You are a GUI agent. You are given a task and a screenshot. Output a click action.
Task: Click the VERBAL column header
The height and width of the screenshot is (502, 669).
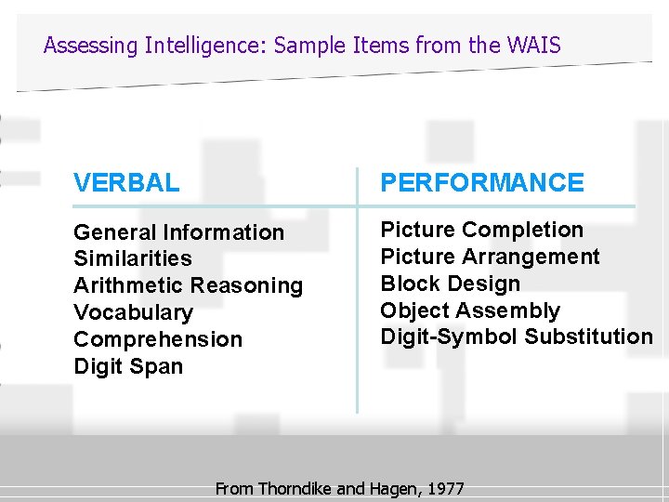pos(126,183)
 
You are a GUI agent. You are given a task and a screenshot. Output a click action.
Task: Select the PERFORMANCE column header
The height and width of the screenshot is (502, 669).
pos(482,183)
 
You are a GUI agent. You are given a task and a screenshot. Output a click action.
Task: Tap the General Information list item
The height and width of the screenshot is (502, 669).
pos(178,232)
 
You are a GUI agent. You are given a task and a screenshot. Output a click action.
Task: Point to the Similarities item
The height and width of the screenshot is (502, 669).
pos(132,258)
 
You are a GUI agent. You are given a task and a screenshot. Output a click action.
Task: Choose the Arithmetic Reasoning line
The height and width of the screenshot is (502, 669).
pos(188,285)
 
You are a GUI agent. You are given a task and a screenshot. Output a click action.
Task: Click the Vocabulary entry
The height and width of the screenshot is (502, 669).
pos(133,312)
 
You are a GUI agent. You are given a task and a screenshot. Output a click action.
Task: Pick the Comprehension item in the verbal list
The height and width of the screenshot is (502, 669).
pos(157,339)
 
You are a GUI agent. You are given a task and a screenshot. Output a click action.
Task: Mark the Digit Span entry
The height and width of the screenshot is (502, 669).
pos(128,366)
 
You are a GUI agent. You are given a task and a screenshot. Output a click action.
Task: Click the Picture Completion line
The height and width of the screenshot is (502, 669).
pos(481,230)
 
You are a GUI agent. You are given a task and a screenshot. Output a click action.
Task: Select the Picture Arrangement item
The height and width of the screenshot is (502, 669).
pos(490,257)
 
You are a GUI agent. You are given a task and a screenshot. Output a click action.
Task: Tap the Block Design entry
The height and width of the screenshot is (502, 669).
pos(450,284)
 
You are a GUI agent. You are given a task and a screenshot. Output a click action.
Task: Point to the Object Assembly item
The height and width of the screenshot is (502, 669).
pos(470,310)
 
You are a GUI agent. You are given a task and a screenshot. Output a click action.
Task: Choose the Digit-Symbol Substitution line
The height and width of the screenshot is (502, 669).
pos(517,337)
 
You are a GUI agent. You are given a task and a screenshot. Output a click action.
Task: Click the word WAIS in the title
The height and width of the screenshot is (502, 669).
pos(536,45)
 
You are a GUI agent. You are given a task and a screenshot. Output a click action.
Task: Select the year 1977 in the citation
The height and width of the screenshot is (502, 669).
pos(444,488)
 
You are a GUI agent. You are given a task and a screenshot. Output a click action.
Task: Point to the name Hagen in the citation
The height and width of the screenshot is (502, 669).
pos(394,488)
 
